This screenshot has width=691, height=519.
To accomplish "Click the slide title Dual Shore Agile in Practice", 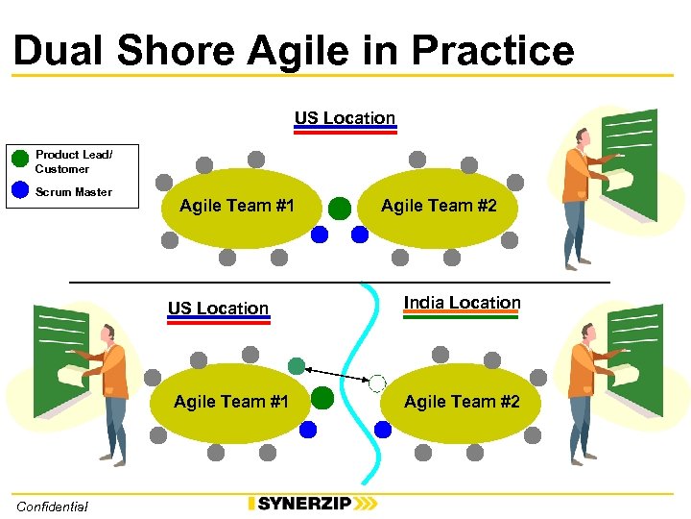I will click(x=294, y=50).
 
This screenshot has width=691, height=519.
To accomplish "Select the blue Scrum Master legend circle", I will click(x=20, y=190).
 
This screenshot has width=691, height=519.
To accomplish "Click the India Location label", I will click(x=462, y=303).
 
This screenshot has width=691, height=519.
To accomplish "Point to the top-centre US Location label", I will click(x=345, y=118).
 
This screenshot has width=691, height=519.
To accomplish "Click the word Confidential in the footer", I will click(x=52, y=507).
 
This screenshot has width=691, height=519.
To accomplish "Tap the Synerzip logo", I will click(x=312, y=504).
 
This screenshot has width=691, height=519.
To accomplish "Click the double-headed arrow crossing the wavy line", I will click(x=337, y=375).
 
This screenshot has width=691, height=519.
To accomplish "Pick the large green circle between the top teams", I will click(x=340, y=208).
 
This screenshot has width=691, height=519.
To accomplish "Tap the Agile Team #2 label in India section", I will click(x=462, y=402).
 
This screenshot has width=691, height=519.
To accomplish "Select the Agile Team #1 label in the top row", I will click(x=237, y=206).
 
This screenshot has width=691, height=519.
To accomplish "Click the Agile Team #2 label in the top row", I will click(x=439, y=206).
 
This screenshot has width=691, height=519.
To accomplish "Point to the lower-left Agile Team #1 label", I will click(x=231, y=402).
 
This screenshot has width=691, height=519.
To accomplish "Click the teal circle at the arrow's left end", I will click(x=297, y=365).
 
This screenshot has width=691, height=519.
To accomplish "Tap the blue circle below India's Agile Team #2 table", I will click(x=383, y=430).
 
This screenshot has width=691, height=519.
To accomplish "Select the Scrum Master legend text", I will click(x=74, y=192).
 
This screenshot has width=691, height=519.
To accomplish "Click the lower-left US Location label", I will click(x=218, y=309).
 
